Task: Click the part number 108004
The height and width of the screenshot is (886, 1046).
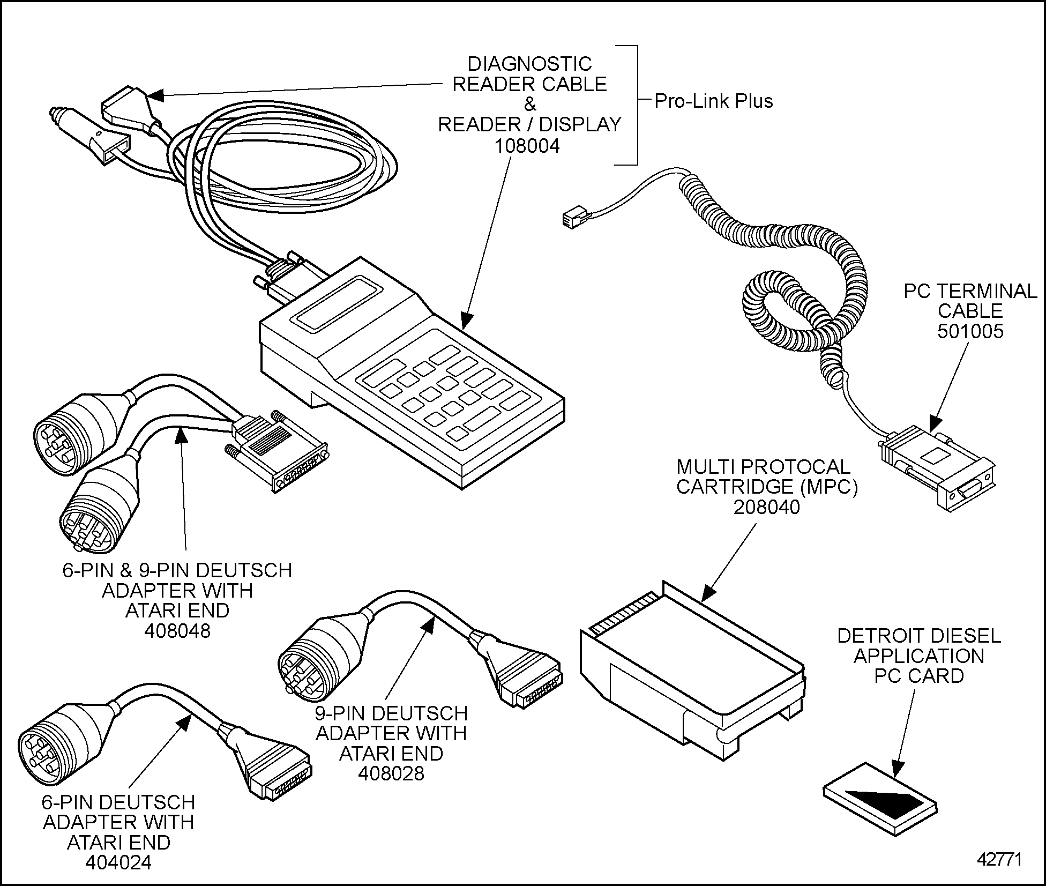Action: click(527, 146)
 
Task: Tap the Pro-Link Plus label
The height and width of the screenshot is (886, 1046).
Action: click(714, 101)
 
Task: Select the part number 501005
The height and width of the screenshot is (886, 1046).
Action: click(970, 331)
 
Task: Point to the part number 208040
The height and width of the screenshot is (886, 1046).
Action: click(766, 507)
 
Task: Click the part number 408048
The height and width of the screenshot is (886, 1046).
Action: click(177, 631)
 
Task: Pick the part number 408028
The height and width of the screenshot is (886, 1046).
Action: click(391, 773)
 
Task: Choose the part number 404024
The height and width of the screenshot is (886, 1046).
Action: click(118, 862)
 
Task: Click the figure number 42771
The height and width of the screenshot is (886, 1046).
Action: click(1000, 859)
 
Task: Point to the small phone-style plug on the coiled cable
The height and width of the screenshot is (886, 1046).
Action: click(572, 219)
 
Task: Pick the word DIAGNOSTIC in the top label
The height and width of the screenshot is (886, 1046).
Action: click(529, 64)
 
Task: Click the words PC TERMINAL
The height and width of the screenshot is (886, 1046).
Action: click(970, 291)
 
